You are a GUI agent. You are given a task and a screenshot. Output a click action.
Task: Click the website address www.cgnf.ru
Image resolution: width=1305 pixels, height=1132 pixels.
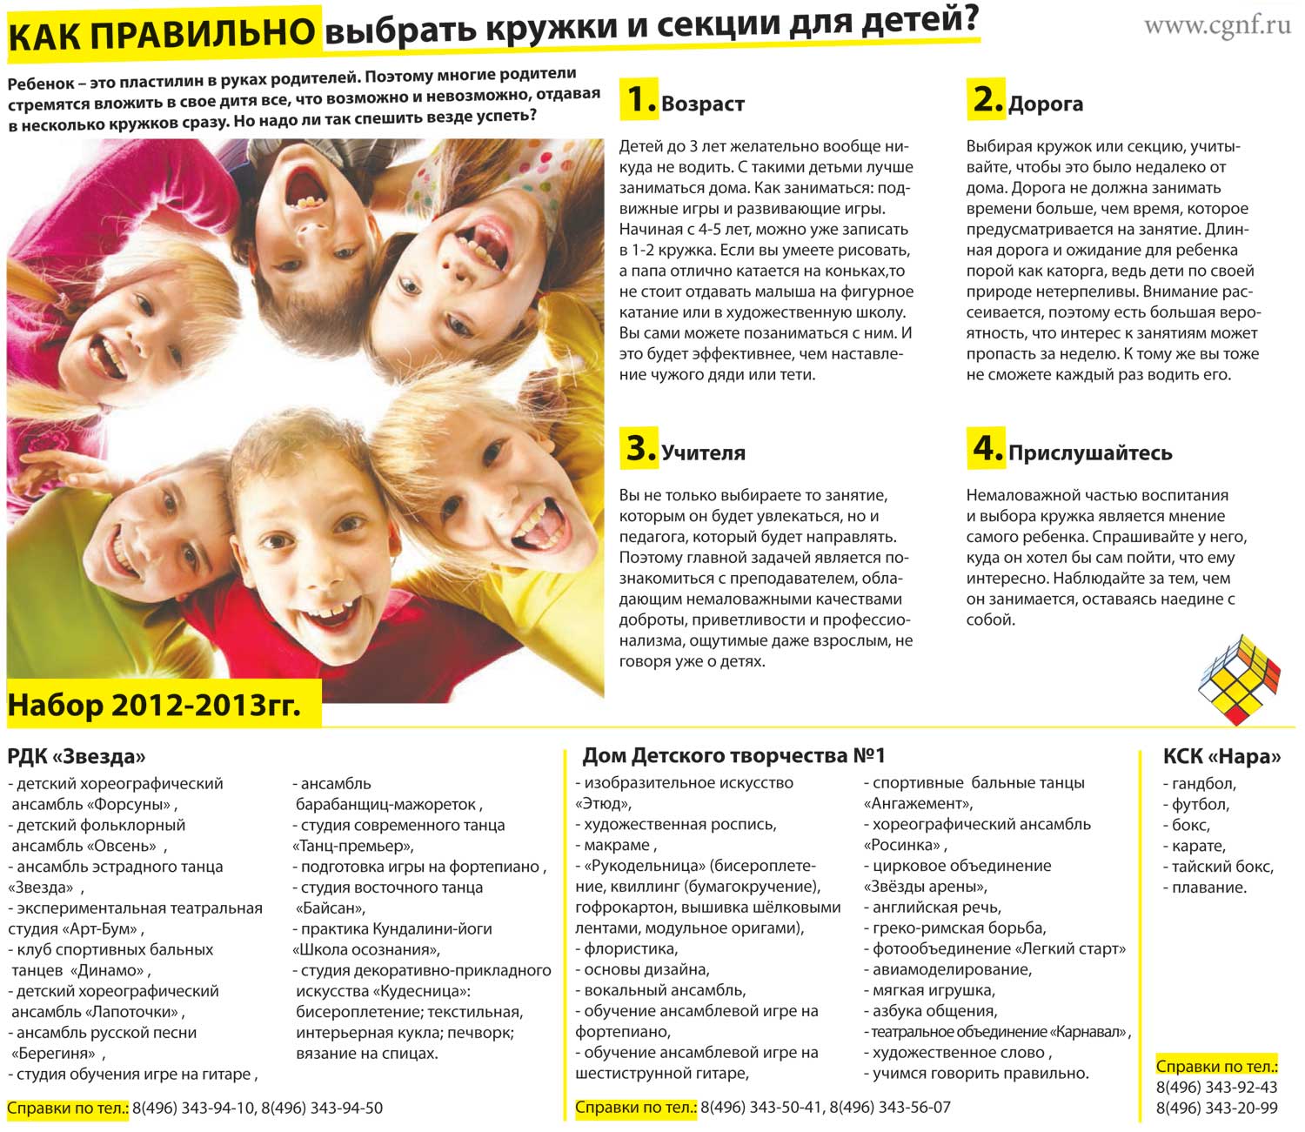(x=1217, y=25)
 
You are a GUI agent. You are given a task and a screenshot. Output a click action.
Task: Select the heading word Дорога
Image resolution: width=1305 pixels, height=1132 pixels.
(x=1045, y=104)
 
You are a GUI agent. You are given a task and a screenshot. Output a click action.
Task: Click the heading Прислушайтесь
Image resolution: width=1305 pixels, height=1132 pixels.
(x=1090, y=453)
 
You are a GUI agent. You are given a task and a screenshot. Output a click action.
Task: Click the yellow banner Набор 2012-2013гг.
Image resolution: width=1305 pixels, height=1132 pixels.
(x=155, y=705)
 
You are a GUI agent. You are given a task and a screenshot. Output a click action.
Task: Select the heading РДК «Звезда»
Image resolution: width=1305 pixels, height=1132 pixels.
(x=77, y=756)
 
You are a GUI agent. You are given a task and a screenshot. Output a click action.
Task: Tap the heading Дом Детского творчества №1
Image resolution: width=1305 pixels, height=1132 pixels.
(x=733, y=755)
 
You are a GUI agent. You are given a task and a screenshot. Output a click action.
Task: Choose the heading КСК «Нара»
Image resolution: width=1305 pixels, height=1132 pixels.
(x=1221, y=756)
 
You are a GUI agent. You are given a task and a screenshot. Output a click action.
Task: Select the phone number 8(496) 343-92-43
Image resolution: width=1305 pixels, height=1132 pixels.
(x=1216, y=1088)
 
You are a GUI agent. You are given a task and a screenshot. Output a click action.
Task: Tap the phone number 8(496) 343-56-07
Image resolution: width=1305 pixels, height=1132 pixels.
(x=890, y=1108)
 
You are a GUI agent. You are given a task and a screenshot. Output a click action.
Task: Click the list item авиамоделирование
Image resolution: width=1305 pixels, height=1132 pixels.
(x=951, y=969)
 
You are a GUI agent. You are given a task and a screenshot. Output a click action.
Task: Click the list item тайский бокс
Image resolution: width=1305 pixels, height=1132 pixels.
(x=1221, y=867)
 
